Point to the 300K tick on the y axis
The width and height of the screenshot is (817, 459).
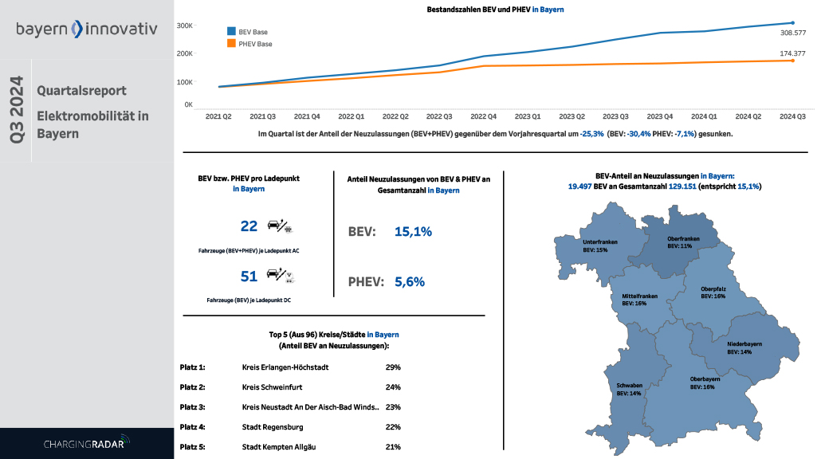pos(184,25)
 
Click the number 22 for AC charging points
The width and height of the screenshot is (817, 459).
pos(249,226)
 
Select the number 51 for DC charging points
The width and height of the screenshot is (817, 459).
pos(249,277)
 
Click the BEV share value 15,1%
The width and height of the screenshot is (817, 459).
pos(413,232)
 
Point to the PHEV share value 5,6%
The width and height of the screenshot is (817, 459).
pos(410,281)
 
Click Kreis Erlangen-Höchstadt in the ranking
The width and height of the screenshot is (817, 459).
pos(285,367)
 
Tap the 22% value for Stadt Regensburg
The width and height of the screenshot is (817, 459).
pos(392,427)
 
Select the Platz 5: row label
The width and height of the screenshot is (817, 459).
pos(193,447)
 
